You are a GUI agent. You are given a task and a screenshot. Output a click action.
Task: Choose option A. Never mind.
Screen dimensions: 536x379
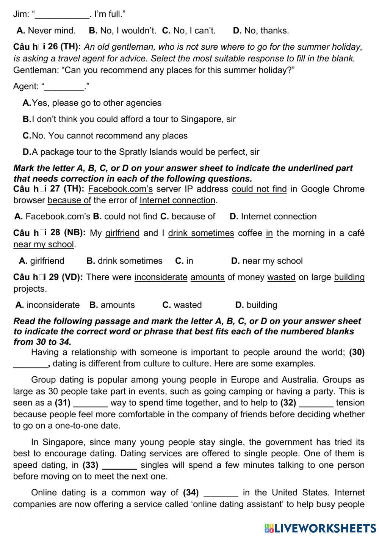(46, 31)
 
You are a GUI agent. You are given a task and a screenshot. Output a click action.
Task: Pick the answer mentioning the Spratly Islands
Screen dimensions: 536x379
(141, 152)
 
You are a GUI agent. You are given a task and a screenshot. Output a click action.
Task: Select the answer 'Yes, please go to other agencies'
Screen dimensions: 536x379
(92, 103)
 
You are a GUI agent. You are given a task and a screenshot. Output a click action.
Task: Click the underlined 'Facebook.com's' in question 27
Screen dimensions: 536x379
(120, 189)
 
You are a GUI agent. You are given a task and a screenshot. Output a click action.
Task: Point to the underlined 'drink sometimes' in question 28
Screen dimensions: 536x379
(201, 233)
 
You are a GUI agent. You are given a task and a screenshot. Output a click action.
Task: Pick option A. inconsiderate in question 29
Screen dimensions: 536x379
(48, 305)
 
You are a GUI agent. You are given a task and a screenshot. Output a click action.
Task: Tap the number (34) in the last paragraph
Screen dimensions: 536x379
(191, 493)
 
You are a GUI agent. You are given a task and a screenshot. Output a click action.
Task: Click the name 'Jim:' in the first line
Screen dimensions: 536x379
(21, 14)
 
